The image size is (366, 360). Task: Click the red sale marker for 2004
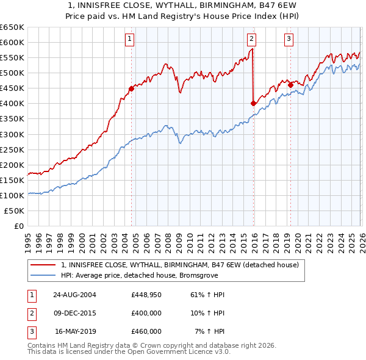click(131, 88)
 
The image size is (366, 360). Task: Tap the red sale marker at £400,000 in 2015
click(253, 103)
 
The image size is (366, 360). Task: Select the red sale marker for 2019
click(290, 85)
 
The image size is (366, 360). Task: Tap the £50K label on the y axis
click(15, 211)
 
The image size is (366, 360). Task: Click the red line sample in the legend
click(43, 265)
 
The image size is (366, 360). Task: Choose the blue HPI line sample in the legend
click(43, 275)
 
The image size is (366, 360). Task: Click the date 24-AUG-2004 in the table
click(74, 295)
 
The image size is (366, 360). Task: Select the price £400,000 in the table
click(146, 313)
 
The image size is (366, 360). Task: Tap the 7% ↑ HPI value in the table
click(209, 331)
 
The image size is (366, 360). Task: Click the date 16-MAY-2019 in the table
click(76, 331)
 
